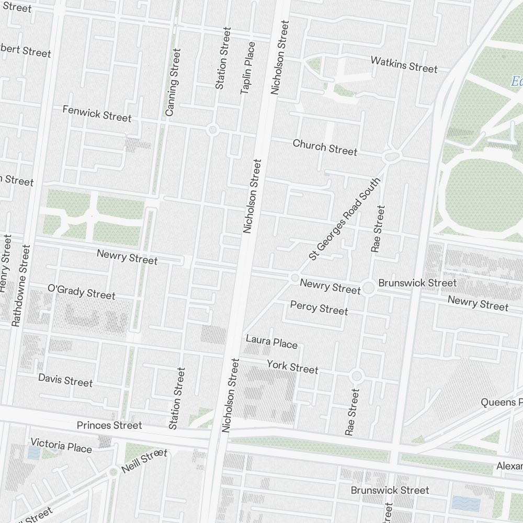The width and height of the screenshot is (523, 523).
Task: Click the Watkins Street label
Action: point(404,64)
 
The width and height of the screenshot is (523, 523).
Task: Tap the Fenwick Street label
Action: point(97,113)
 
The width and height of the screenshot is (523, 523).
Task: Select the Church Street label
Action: point(325,147)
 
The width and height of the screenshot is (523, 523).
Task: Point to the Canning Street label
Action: point(173,82)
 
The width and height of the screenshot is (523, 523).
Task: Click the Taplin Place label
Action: point(247,68)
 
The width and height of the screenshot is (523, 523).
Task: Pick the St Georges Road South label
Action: point(344,219)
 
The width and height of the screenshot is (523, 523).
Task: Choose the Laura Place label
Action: point(271,342)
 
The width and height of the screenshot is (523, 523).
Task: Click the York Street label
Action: point(292,367)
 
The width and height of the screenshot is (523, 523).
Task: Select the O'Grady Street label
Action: point(81,292)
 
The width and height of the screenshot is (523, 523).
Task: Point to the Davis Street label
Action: point(65,380)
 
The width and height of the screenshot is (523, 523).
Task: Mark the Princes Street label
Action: point(109,425)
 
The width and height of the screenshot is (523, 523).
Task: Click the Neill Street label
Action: point(144,461)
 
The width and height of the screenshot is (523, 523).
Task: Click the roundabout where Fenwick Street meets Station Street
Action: point(212,129)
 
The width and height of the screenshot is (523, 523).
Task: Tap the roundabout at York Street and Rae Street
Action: point(357,376)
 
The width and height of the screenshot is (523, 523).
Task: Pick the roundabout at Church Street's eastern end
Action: point(390,156)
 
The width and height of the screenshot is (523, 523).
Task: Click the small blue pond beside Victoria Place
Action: point(34,452)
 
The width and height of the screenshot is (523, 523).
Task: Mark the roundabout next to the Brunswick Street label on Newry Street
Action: point(368,287)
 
